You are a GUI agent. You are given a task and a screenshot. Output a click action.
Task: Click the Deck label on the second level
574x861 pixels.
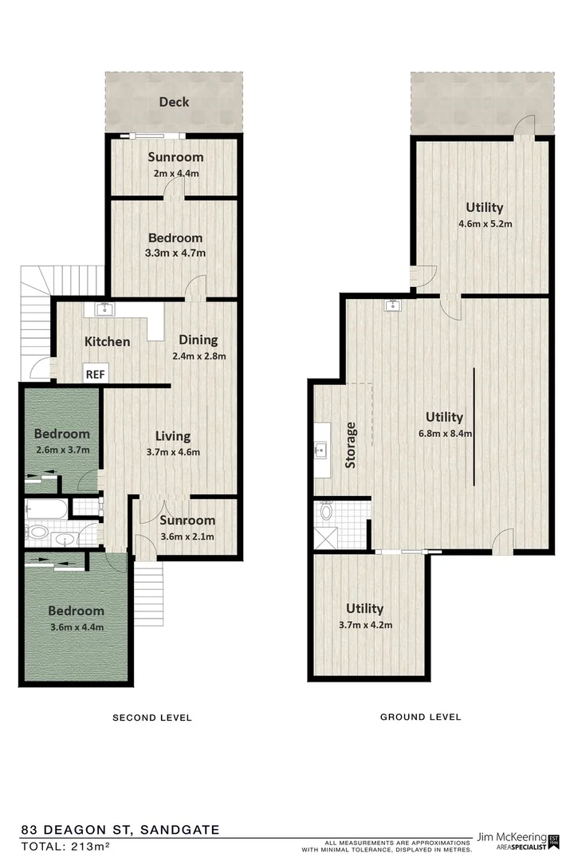tap(173, 102)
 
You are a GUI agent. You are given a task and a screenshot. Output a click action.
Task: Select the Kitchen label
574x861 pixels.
tap(108, 342)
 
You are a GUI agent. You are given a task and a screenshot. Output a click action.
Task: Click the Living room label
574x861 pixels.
tap(173, 436)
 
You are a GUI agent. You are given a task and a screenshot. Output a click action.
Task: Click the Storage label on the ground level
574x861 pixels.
tap(352, 445)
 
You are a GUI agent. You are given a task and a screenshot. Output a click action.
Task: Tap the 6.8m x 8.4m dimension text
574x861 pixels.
tap(444, 434)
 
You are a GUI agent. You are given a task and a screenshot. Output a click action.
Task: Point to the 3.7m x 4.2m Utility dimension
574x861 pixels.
tap(365, 626)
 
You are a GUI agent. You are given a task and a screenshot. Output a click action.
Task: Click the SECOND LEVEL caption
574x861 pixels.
tap(151, 717)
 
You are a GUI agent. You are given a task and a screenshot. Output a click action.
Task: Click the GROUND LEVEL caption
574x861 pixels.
tap(420, 717)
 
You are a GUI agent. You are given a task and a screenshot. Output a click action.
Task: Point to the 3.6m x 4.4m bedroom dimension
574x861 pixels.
tap(76, 627)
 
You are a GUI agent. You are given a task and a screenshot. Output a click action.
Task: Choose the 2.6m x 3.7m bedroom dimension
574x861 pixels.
tap(61, 450)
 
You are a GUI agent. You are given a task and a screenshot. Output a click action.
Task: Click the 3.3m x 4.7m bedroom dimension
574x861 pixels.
tap(175, 254)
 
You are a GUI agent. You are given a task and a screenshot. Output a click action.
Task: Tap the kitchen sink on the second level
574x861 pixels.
tap(106, 309)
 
